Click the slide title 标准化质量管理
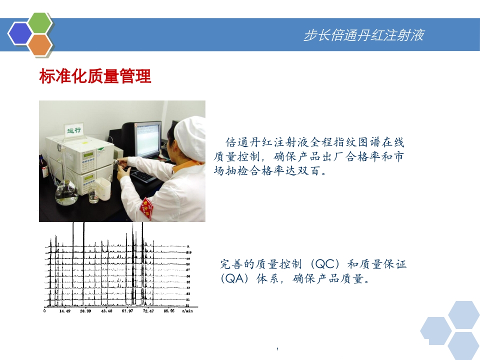95,77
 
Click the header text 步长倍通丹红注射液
364,35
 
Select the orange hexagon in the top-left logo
40,45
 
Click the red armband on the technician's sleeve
146,205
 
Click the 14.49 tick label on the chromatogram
65,311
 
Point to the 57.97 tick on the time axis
127,311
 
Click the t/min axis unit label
186,311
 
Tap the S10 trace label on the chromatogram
189,253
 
